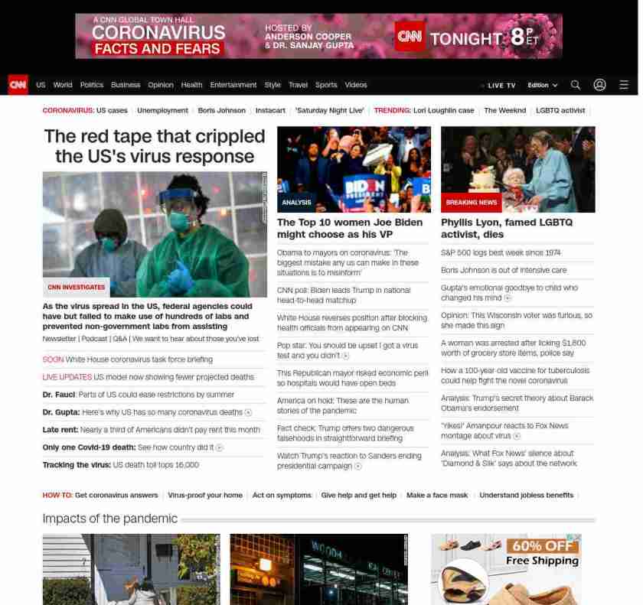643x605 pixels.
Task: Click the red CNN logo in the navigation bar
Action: [18, 85]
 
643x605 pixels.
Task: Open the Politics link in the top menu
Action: [91, 85]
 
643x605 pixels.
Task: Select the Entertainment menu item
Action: [233, 85]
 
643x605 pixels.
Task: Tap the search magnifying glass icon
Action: [576, 85]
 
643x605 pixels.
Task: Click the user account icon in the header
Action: [599, 85]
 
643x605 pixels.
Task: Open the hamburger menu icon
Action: [624, 85]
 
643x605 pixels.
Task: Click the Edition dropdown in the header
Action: [542, 86]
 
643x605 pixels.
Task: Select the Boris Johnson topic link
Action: [221, 110]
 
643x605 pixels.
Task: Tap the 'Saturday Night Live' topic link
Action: [329, 110]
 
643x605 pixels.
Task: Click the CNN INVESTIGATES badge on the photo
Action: [77, 288]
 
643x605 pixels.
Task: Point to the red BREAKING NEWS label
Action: [471, 203]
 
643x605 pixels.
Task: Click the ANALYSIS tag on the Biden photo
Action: [296, 203]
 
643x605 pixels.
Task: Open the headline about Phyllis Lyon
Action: [506, 228]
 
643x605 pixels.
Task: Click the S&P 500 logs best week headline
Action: [501, 252]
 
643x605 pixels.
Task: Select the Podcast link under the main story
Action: [94, 339]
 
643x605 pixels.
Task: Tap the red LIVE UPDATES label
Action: [67, 377]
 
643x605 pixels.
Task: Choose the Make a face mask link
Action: [437, 496]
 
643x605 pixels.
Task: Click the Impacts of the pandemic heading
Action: [109, 519]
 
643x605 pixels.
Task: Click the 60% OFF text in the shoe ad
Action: [541, 546]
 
